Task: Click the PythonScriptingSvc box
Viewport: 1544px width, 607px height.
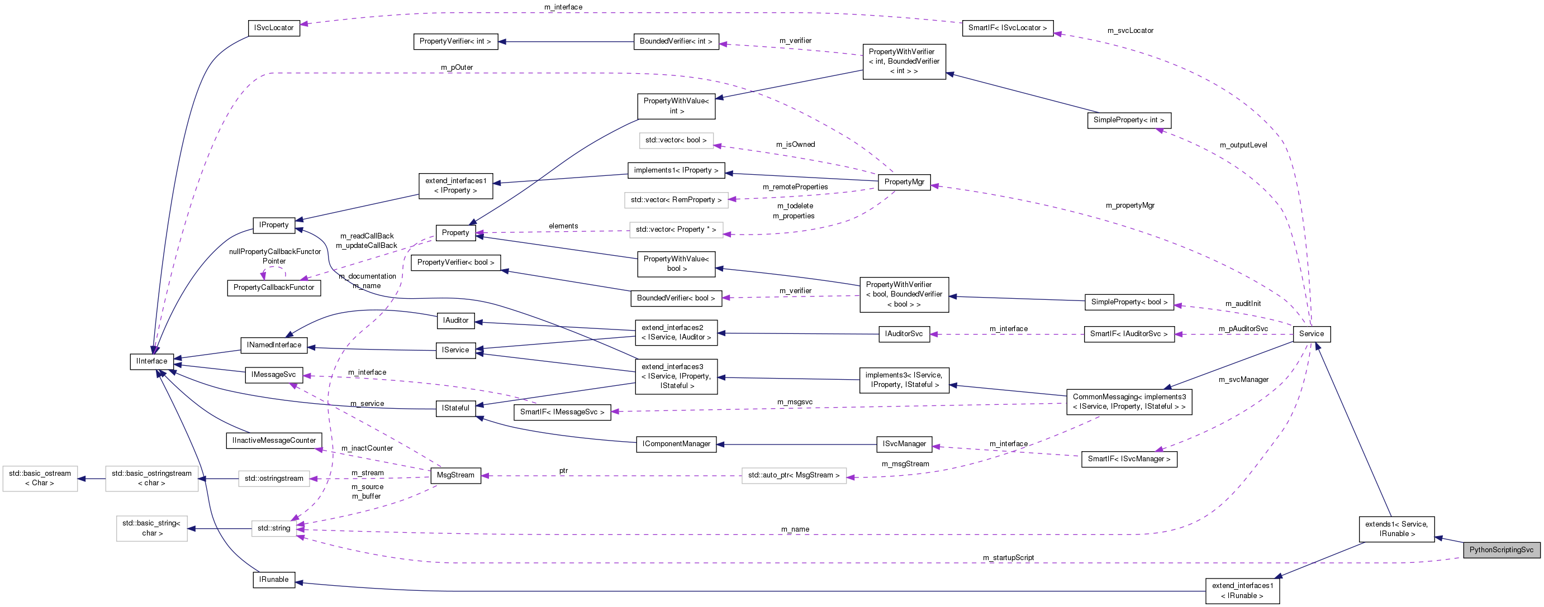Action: coord(1501,550)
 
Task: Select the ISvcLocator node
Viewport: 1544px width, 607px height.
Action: coord(273,28)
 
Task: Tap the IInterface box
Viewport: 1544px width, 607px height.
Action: coord(151,361)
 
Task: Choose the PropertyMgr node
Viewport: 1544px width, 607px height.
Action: coord(904,182)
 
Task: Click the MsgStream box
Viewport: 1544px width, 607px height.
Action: coord(455,475)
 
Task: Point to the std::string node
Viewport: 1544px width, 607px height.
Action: coord(273,528)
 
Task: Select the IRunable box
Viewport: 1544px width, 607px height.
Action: coord(273,580)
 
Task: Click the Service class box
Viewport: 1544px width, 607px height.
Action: coord(1311,334)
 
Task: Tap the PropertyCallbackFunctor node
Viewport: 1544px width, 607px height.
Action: coord(273,288)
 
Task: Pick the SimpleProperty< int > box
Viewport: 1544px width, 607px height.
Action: coord(1128,121)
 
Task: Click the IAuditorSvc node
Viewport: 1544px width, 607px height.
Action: coord(904,334)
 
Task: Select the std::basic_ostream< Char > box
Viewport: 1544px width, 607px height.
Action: coord(40,478)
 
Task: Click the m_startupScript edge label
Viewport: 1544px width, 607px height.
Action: coord(1008,558)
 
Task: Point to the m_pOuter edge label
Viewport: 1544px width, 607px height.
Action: coord(457,68)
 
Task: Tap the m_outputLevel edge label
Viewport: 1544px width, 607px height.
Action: coord(1243,145)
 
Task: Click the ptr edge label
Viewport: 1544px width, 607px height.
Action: coord(563,471)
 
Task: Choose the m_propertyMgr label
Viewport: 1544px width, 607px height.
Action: coord(1130,205)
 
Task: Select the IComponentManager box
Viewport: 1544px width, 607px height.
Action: coord(676,444)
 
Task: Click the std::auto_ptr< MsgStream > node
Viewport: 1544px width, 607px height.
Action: coord(794,476)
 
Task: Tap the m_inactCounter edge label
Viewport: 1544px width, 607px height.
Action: coord(367,448)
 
